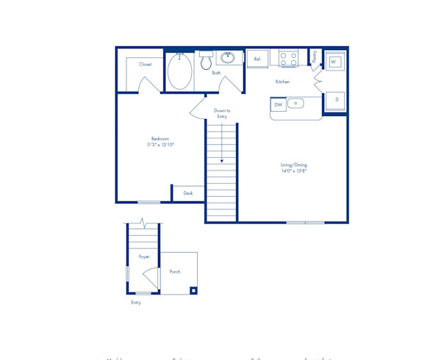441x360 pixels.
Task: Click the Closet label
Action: click(x=146, y=64)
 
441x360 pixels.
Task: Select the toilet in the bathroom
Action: click(x=206, y=61)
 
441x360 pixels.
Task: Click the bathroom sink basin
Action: click(x=229, y=57)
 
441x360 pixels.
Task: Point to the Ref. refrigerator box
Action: click(x=257, y=58)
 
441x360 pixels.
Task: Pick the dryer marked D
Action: click(x=337, y=99)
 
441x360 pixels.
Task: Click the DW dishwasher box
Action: click(x=279, y=105)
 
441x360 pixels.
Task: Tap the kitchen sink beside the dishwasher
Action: click(x=295, y=104)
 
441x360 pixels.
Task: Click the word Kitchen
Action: click(x=282, y=82)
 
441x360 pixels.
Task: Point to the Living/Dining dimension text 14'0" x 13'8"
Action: click(x=293, y=171)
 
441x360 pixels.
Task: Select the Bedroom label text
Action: click(x=160, y=139)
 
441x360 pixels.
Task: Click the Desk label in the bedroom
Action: click(x=188, y=193)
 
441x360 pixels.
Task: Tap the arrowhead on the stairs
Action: click(x=221, y=160)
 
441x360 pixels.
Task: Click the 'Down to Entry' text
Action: click(x=221, y=113)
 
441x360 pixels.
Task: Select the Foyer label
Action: click(x=144, y=256)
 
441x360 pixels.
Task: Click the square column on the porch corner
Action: click(x=193, y=290)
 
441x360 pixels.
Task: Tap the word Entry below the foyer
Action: click(x=136, y=302)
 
